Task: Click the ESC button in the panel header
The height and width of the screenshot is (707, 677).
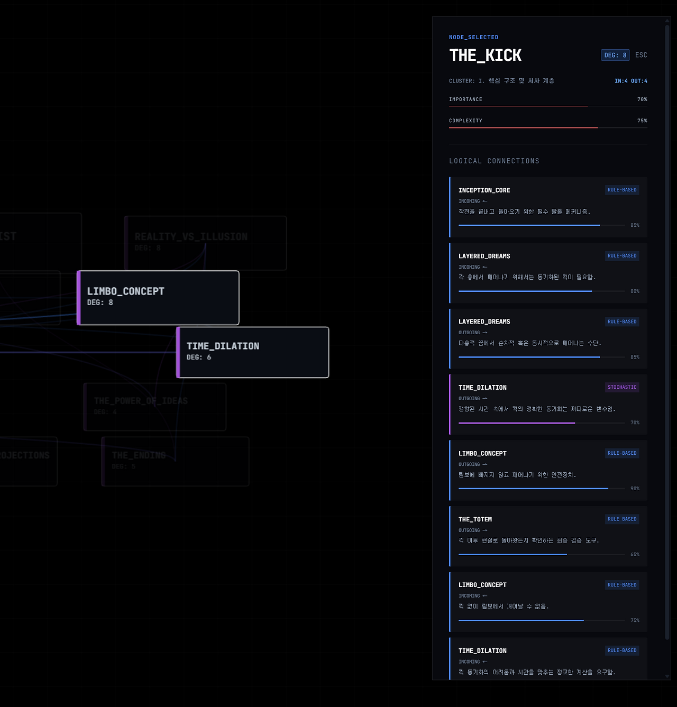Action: (641, 55)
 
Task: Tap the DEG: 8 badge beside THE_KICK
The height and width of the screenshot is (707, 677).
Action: (615, 55)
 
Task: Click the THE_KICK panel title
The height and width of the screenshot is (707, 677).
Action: (485, 56)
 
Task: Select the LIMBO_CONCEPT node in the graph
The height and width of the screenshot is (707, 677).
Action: (158, 297)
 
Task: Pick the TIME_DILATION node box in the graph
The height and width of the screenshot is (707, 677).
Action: (253, 352)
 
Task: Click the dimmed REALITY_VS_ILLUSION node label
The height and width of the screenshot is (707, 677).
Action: (191, 237)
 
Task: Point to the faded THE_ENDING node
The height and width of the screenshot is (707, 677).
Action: (139, 455)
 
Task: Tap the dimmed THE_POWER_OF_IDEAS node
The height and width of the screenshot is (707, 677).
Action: (141, 401)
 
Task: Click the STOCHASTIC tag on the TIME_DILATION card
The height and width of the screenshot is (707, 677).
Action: (622, 387)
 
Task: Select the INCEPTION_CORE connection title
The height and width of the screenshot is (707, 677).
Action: (484, 190)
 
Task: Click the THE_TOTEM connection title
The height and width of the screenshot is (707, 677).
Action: (475, 519)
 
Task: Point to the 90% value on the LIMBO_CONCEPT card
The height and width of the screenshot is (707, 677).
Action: (635, 489)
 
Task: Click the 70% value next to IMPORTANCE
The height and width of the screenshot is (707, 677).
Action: (642, 99)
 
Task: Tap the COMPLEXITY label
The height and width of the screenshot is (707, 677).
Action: (465, 121)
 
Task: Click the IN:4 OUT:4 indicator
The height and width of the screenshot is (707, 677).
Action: (630, 81)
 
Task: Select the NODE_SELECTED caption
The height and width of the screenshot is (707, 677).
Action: (473, 38)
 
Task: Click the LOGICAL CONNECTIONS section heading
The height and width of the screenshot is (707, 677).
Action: (494, 161)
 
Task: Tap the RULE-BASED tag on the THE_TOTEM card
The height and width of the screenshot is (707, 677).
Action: (622, 519)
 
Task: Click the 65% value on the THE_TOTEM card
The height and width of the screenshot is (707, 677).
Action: (635, 555)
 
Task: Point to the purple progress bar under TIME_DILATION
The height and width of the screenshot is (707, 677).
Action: (516, 423)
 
